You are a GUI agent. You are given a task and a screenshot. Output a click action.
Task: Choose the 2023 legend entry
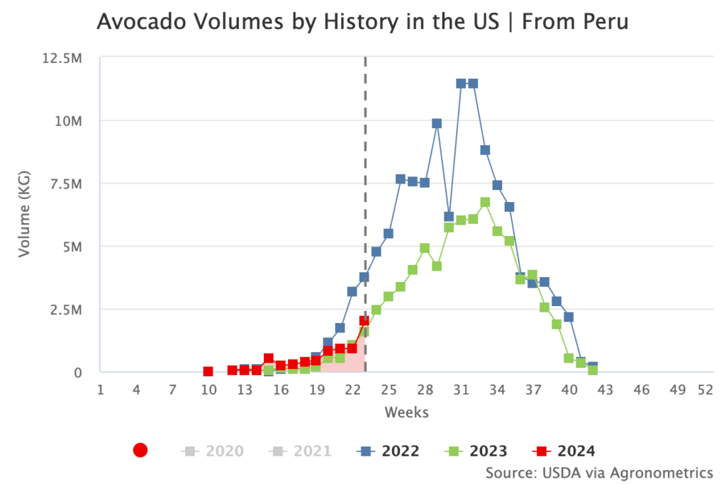click(476, 451)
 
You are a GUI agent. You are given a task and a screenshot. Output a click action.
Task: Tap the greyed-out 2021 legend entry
click(301, 451)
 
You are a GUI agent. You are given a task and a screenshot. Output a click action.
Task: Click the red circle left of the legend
click(140, 450)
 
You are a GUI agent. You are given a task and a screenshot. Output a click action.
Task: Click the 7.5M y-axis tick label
click(65, 184)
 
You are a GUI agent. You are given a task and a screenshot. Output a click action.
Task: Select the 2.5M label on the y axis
click(65, 310)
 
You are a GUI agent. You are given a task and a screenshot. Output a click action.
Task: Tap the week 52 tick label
click(705, 390)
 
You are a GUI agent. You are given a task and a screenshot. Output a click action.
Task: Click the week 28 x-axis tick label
click(425, 390)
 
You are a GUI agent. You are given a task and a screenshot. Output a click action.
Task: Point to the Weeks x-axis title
click(406, 412)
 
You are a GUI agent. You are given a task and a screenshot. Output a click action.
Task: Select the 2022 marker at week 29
click(437, 123)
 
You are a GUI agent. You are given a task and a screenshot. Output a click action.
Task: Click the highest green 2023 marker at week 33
click(485, 202)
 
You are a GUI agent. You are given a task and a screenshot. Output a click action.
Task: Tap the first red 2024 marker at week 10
click(208, 371)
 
